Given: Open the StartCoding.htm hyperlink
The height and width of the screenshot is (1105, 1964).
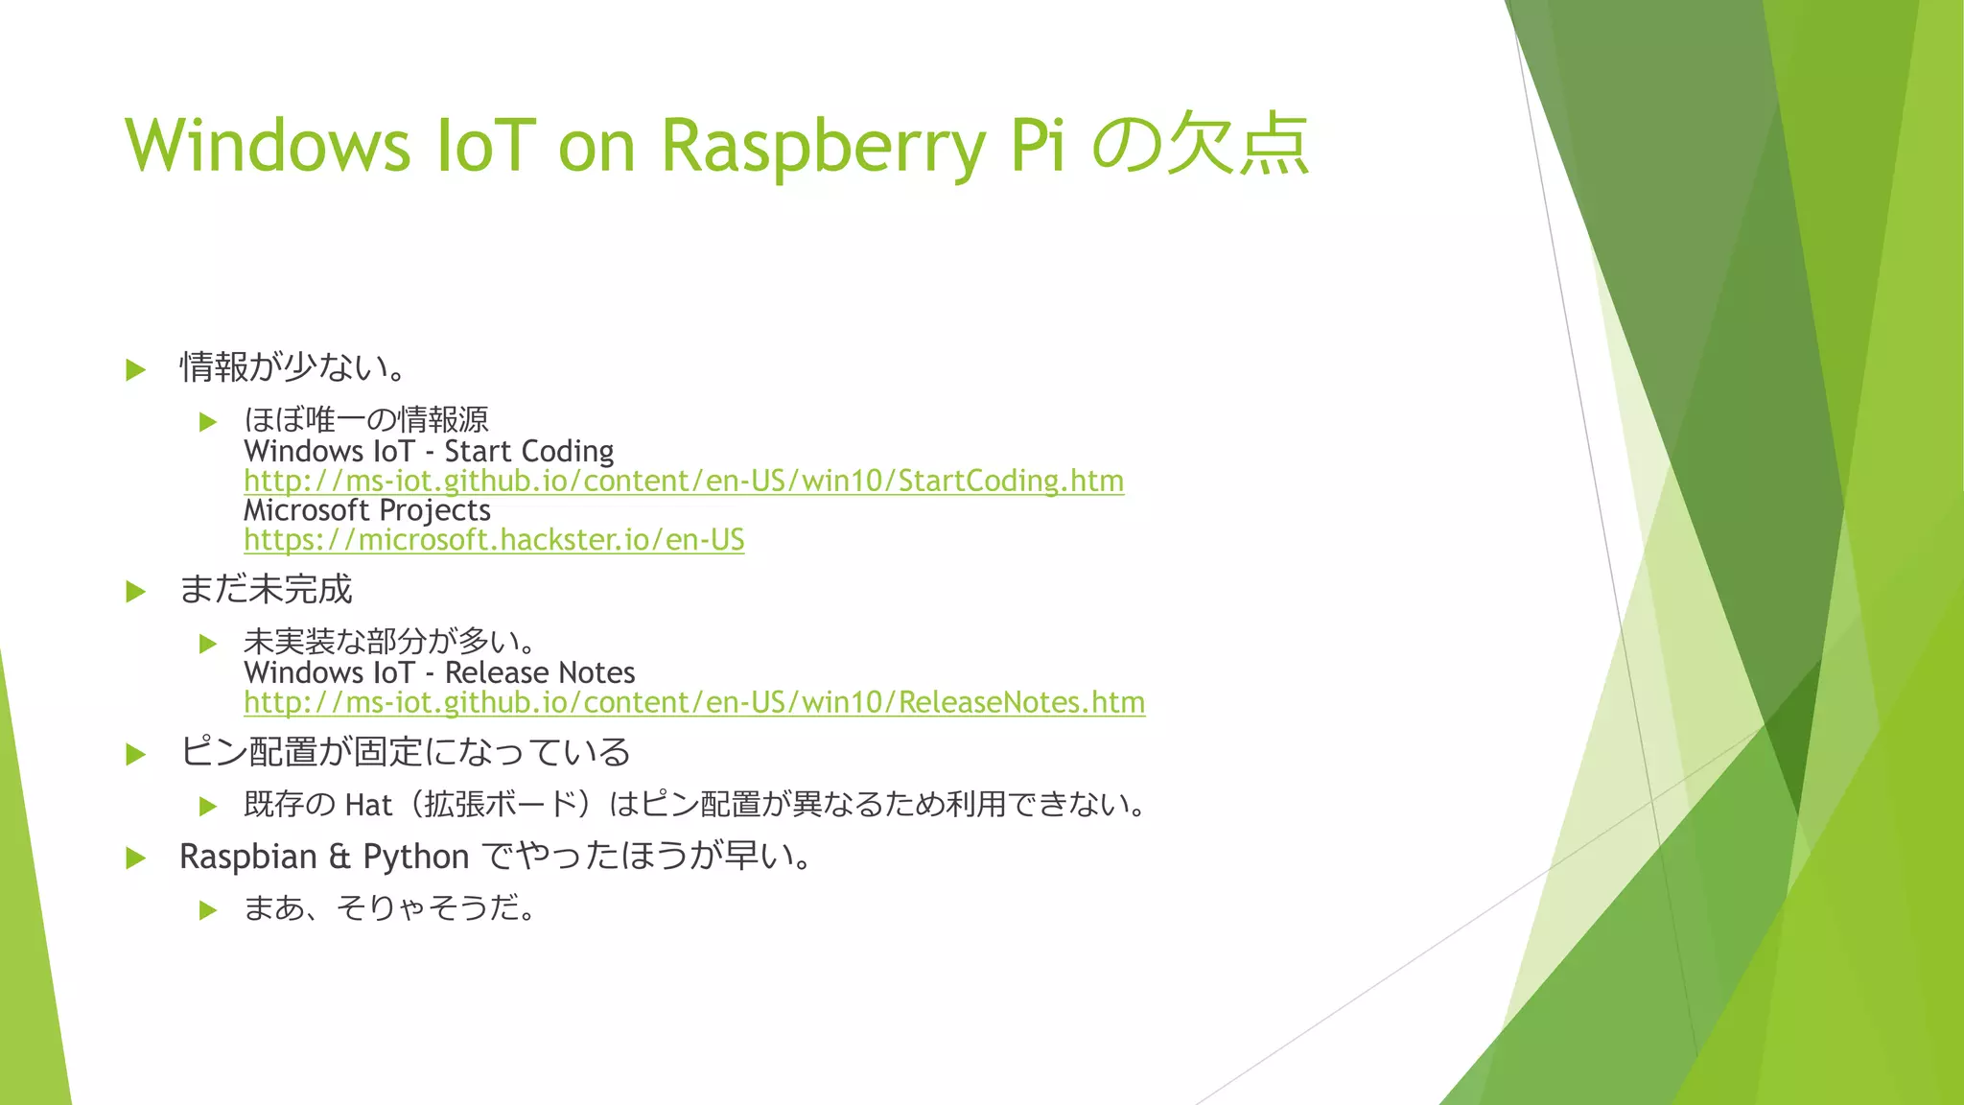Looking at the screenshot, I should [x=683, y=481].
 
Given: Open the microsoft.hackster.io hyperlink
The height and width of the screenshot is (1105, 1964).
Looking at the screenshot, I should [x=494, y=540].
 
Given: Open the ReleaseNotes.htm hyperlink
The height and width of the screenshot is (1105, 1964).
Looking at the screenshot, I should [x=693, y=702].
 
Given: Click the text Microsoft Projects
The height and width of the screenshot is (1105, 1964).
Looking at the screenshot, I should [x=367, y=510].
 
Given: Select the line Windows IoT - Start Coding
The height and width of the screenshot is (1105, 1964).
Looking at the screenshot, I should [x=429, y=451].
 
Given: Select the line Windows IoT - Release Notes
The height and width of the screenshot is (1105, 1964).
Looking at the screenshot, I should [x=439, y=672].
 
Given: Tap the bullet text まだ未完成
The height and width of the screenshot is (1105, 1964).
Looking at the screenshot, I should [x=267, y=589].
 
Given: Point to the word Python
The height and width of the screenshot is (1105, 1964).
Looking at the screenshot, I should [x=415, y=857].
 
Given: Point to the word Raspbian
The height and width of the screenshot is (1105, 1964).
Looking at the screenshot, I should [x=247, y=857].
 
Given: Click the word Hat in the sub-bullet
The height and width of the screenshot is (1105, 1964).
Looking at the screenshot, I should [x=368, y=805].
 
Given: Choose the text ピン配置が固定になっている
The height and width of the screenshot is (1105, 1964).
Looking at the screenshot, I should [x=405, y=752].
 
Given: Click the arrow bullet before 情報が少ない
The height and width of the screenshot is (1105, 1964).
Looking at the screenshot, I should [x=135, y=369].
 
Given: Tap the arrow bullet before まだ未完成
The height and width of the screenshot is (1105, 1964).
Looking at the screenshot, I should [x=135, y=592].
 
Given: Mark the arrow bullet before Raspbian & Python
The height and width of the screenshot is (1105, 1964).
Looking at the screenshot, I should [x=135, y=858].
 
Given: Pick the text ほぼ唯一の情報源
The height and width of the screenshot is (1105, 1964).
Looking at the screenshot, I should [x=366, y=420].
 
